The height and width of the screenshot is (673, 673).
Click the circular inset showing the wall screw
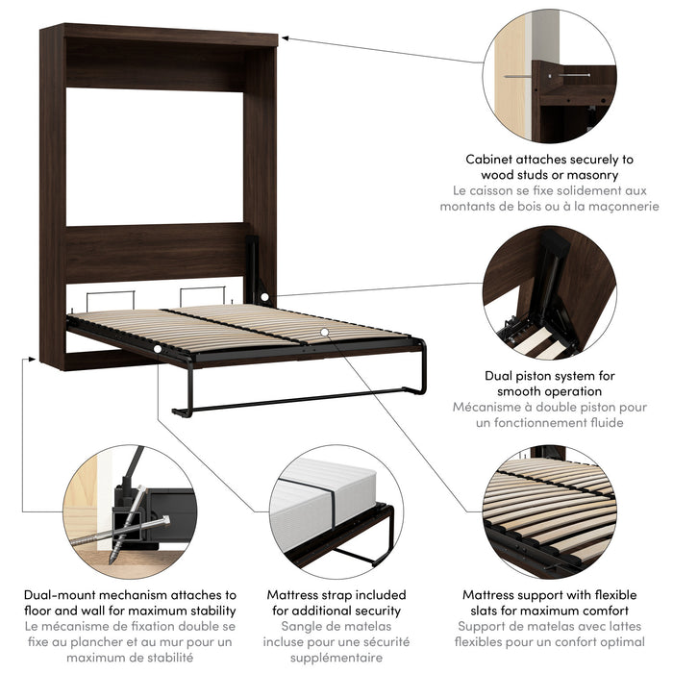pos(549,77)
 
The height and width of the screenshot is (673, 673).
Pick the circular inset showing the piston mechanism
pos(549,292)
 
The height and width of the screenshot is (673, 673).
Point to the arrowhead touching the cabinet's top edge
pos(285,38)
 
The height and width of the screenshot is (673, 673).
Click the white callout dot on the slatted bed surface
pos(325,332)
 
